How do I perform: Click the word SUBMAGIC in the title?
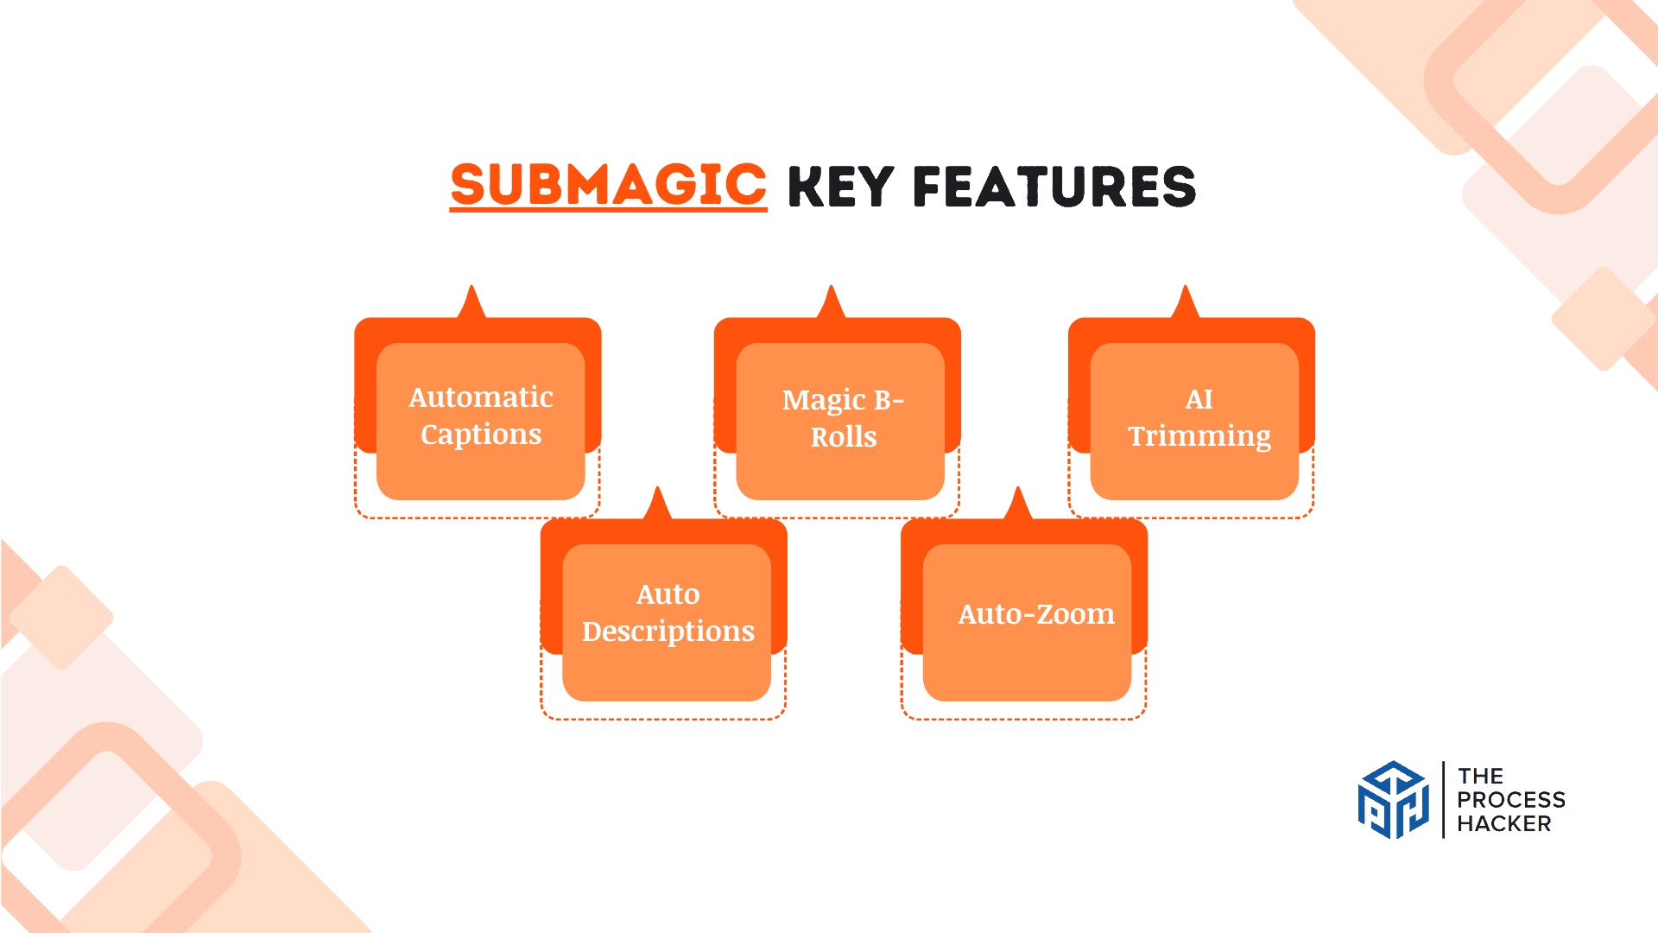point(608,185)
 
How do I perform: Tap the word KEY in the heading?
point(841,187)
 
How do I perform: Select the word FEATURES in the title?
point(1054,187)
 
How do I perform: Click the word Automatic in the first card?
point(481,397)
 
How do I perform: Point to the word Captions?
point(481,435)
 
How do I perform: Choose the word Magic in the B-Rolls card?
point(823,400)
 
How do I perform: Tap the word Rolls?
point(844,437)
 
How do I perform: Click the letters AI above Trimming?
point(1199,399)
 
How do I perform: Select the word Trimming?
point(1199,436)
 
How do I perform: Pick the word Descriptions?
point(668,632)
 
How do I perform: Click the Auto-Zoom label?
point(1036,614)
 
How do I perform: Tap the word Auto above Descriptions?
point(668,594)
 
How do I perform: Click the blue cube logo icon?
point(1393,800)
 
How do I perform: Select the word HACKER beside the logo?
point(1503,824)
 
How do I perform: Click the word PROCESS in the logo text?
point(1510,800)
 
